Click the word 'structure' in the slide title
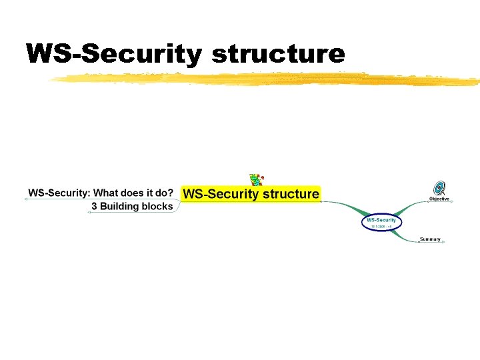click(x=279, y=53)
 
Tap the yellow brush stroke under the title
click(x=267, y=79)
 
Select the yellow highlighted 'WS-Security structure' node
click(x=251, y=194)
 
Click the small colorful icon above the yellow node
click(x=255, y=179)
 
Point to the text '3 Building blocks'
click(x=132, y=207)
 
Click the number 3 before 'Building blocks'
click(x=94, y=207)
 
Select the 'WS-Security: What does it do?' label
click(x=100, y=193)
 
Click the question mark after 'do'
click(x=170, y=193)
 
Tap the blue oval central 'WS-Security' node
click(x=381, y=222)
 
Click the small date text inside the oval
click(x=381, y=227)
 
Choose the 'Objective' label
click(x=439, y=199)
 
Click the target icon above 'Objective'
click(x=439, y=188)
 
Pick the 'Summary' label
click(x=430, y=239)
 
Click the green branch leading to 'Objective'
click(x=408, y=205)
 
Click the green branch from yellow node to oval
click(x=347, y=206)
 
